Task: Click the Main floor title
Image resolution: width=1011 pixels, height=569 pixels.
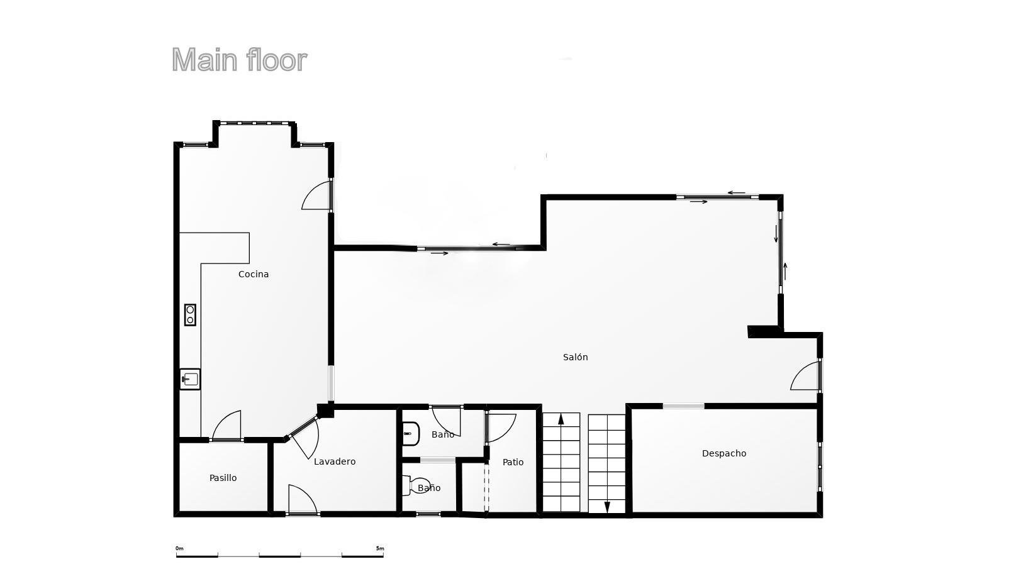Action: click(239, 60)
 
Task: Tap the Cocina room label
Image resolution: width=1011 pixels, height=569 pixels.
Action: click(253, 274)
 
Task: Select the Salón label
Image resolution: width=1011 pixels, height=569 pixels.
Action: click(575, 357)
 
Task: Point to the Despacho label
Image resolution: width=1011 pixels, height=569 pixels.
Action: click(724, 453)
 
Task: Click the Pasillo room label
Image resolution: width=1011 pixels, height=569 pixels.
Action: click(223, 477)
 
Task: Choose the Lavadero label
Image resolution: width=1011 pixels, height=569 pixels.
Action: click(335, 461)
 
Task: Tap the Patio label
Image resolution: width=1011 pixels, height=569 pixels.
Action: click(513, 462)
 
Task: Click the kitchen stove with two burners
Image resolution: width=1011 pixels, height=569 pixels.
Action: click(190, 314)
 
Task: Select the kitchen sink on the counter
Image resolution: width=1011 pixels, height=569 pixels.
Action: click(190, 379)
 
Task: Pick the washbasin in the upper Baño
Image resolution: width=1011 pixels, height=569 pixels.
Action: click(411, 434)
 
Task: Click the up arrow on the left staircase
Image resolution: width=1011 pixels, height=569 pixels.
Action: click(561, 419)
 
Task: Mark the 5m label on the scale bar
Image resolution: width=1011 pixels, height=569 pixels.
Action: click(379, 548)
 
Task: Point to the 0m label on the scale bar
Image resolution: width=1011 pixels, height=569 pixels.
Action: click(179, 548)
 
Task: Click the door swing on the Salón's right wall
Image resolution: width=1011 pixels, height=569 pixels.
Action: click(805, 375)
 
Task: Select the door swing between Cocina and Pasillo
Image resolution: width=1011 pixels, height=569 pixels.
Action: click(226, 424)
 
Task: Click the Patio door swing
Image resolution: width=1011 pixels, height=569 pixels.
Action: click(501, 428)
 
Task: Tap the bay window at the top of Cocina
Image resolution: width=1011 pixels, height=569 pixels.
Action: click(254, 123)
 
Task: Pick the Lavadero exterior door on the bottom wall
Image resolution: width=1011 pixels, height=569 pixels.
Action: click(303, 499)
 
